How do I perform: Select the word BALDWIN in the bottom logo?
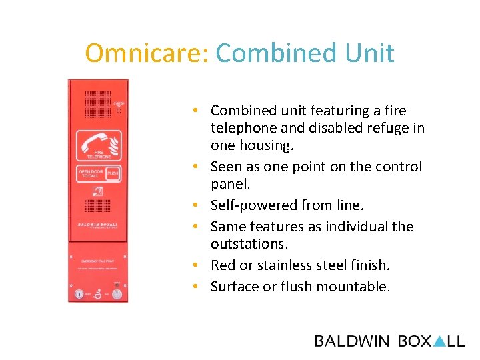[352, 341]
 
